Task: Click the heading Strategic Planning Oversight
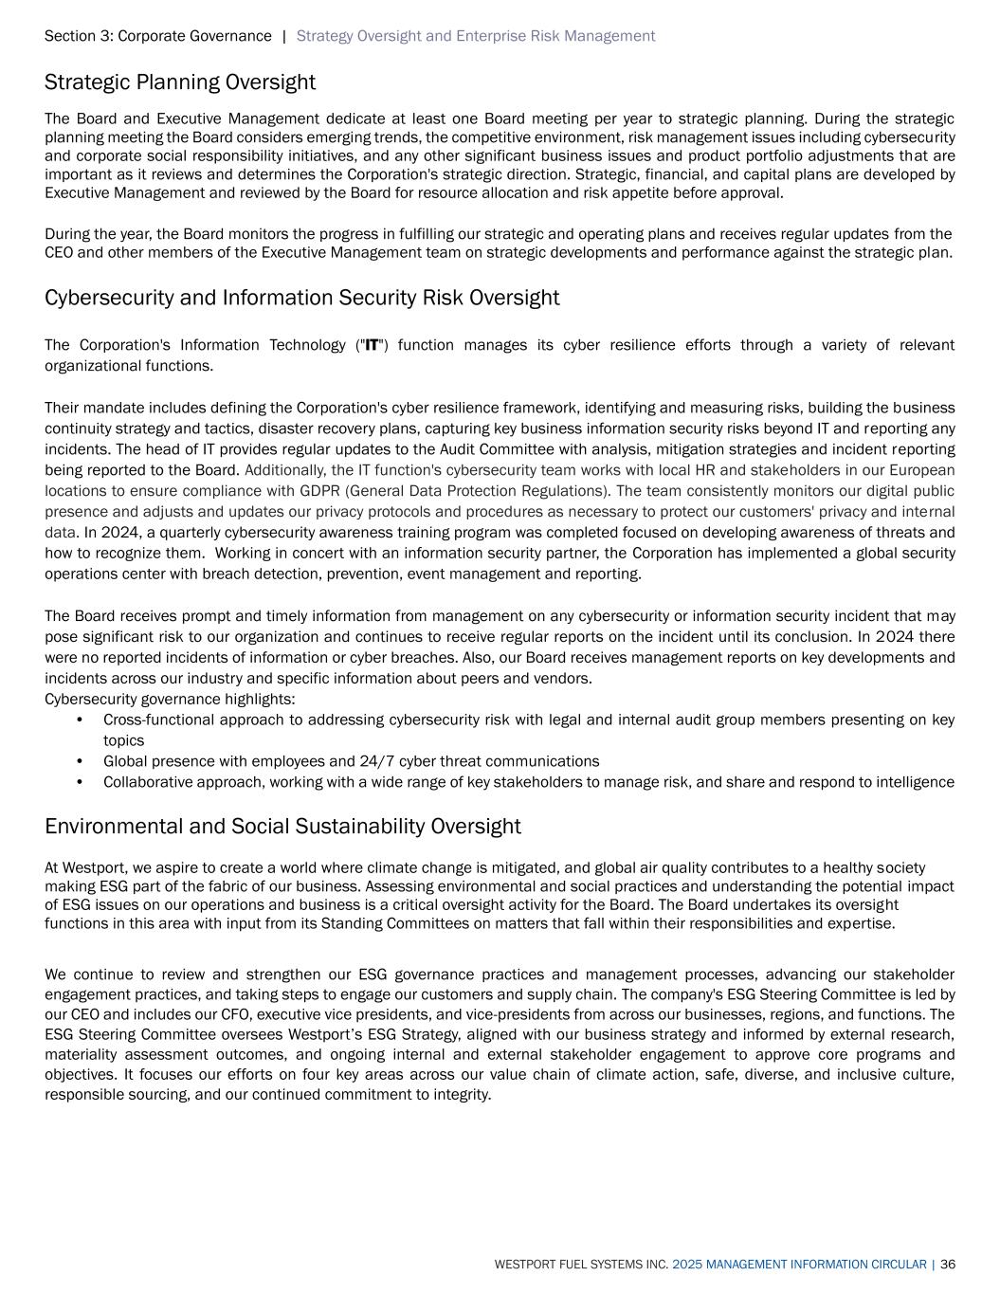(x=179, y=82)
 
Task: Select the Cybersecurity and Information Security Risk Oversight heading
(x=301, y=298)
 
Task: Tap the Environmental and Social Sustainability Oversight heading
(x=282, y=827)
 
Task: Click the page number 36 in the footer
(x=948, y=1265)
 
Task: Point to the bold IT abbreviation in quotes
(x=373, y=345)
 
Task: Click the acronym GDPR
(x=323, y=491)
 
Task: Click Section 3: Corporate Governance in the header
(x=157, y=36)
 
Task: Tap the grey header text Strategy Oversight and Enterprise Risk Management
(x=475, y=36)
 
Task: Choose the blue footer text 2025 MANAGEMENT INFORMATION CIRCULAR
(x=799, y=1265)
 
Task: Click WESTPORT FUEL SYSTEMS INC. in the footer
(x=581, y=1265)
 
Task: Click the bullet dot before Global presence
(x=81, y=761)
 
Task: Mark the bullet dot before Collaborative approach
(x=81, y=782)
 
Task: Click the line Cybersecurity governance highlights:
(x=170, y=699)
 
